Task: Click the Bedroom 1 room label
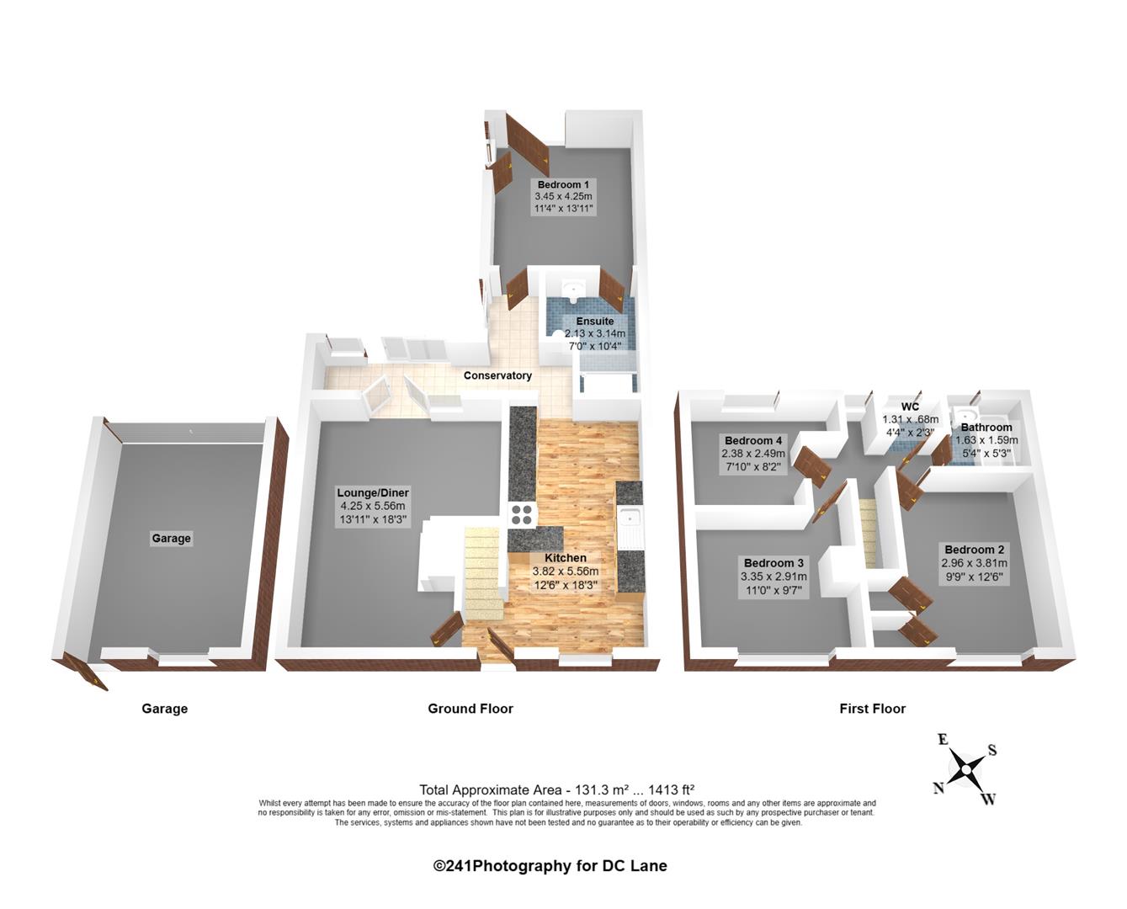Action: tap(563, 185)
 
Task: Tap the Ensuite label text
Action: tap(594, 322)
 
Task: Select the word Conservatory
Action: tap(497, 375)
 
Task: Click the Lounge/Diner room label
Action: tap(372, 493)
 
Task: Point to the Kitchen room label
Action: tap(565, 558)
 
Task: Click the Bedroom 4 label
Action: tap(752, 441)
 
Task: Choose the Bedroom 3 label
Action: tap(773, 563)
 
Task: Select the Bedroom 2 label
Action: tap(974, 550)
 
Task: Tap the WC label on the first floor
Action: tap(909, 407)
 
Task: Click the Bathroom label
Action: tap(986, 428)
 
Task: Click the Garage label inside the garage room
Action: tap(171, 539)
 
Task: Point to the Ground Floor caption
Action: tap(470, 709)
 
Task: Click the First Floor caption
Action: tap(872, 709)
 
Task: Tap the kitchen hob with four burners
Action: tap(521, 513)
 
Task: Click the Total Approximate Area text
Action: tap(556, 789)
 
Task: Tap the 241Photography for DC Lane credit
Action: tap(550, 865)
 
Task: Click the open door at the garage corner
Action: tap(92, 676)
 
